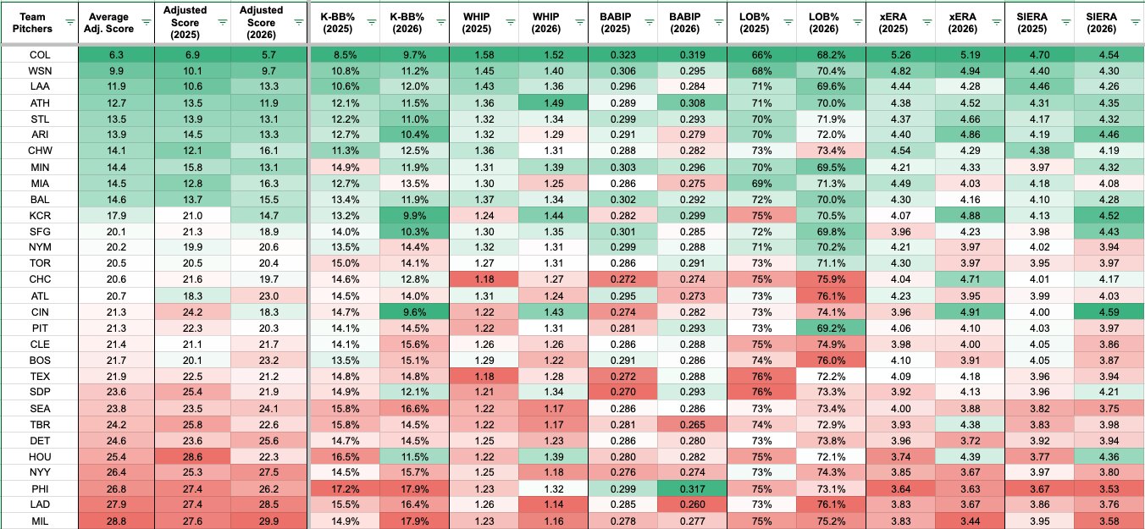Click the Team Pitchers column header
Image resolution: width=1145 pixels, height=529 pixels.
32,23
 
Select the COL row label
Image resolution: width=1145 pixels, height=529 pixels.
40,55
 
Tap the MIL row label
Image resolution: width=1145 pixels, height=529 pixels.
40,521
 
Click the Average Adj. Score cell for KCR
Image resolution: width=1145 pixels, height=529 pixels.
116,216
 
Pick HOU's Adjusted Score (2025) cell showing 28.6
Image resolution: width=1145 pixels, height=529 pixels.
192,456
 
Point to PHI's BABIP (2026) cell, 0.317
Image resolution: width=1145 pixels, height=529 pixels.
693,488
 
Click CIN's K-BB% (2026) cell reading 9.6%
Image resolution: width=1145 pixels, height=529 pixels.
414,312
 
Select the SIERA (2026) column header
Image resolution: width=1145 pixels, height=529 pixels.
1101,23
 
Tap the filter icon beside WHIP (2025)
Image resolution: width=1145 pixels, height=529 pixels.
510,22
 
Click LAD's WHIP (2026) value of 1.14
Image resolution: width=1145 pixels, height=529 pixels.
554,504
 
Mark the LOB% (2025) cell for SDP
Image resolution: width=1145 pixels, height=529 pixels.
761,392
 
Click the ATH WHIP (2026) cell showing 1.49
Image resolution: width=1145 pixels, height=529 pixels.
554,102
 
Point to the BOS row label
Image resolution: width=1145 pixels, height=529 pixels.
40,360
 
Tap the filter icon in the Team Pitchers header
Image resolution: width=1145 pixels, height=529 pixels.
70,22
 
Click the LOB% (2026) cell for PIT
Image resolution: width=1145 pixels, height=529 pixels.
831,328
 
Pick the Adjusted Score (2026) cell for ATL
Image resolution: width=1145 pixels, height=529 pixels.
268,295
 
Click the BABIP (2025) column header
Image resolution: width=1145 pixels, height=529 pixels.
616,23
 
